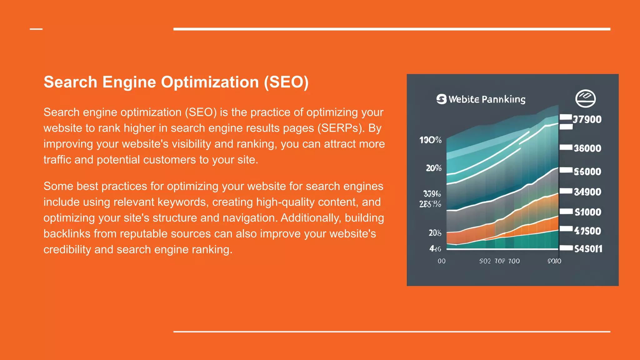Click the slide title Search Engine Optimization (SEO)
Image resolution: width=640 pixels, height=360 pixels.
click(x=176, y=82)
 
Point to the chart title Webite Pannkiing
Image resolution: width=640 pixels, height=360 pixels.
click(x=487, y=99)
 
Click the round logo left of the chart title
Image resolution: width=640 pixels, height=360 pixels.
click(x=441, y=99)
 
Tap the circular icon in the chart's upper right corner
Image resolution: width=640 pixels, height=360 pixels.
click(x=585, y=98)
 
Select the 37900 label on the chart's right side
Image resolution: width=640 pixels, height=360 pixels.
click(x=587, y=119)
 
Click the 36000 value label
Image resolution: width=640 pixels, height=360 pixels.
click(x=587, y=148)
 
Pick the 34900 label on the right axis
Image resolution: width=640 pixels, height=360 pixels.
click(x=587, y=192)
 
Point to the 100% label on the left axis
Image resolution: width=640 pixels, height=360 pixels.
click(x=430, y=140)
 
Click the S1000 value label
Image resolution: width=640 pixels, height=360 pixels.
click(x=588, y=212)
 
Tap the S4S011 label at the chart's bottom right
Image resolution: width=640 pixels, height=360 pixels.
click(x=588, y=249)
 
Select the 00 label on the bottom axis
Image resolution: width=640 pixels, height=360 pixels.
click(x=442, y=261)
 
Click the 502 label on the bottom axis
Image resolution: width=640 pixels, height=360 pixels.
click(x=485, y=261)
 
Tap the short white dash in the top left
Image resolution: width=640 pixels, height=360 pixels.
click(x=36, y=29)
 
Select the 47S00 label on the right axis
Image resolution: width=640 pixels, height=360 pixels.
click(x=587, y=231)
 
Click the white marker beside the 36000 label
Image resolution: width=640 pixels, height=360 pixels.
click(x=566, y=147)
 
